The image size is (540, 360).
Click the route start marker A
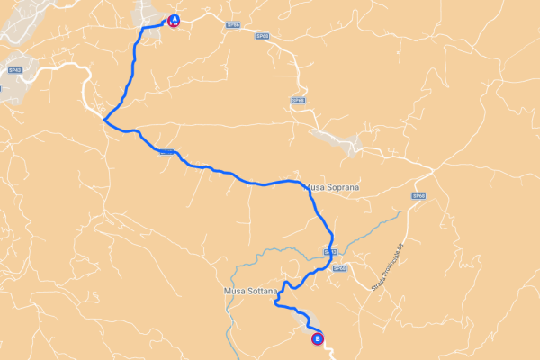(174, 20)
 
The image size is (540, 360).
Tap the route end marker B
(317, 339)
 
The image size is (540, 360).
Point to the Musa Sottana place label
(247, 292)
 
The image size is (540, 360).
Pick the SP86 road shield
(232, 25)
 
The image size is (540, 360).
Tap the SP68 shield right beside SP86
(262, 35)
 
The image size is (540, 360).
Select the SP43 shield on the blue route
(329, 253)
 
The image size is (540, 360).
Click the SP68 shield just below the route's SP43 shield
(339, 268)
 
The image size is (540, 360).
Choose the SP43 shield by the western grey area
(14, 69)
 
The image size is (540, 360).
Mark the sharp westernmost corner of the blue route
(104, 120)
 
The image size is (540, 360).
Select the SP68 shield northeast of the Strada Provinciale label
(417, 195)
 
